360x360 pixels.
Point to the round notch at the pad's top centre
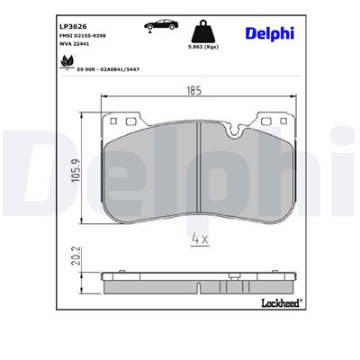pyautogui.click(x=236, y=135)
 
